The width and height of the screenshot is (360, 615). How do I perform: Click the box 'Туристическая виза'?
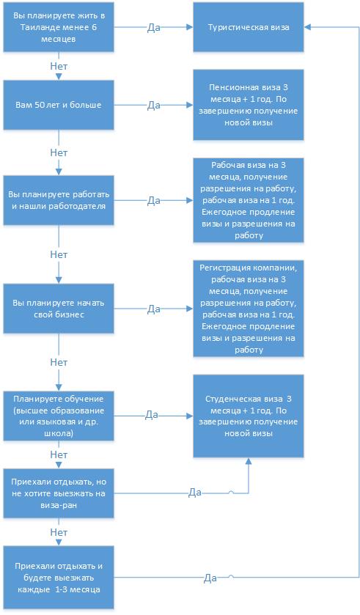pos(249,27)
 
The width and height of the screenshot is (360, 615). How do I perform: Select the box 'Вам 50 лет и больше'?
pos(59,105)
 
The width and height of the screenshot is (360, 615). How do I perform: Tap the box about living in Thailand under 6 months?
pos(59,27)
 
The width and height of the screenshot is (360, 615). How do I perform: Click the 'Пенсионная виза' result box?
pos(249,105)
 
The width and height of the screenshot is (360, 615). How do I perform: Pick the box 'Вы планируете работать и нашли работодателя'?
pos(59,200)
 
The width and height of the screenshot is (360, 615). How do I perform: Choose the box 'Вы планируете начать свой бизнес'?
pos(59,309)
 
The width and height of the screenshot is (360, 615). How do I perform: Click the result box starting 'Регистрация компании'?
pos(249,309)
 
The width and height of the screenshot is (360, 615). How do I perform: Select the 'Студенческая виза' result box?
pos(249,416)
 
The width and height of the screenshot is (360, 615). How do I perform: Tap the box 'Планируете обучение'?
pos(59,416)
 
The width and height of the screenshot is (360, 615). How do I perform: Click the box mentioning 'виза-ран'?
pos(59,493)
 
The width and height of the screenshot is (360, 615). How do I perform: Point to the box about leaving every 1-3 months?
pos(59,578)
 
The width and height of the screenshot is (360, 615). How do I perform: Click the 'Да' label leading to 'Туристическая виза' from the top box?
pos(153,28)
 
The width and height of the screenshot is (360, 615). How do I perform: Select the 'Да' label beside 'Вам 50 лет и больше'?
pos(153,106)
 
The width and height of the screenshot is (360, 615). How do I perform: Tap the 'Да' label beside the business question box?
pos(153,309)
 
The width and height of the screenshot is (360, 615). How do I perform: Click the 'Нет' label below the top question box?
pos(59,66)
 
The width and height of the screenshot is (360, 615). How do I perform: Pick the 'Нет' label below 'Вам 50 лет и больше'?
pos(59,152)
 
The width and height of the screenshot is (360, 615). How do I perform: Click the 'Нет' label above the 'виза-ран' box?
pos(59,455)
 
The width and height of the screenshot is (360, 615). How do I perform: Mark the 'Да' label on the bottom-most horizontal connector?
pos(210,578)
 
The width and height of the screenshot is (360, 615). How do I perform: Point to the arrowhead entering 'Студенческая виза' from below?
pos(249,460)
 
